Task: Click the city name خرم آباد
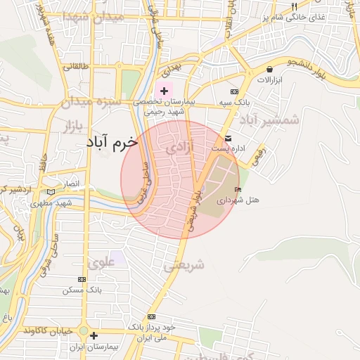tap(112, 141)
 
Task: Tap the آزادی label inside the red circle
tap(178, 149)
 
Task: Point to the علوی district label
tap(101, 264)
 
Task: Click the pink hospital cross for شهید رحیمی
tap(164, 91)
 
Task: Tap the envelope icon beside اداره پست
tap(229, 138)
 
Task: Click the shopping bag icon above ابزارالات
tap(269, 69)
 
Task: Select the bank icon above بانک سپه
tap(234, 91)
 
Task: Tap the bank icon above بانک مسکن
tap(82, 279)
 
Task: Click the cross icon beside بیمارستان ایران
tap(94, 335)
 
